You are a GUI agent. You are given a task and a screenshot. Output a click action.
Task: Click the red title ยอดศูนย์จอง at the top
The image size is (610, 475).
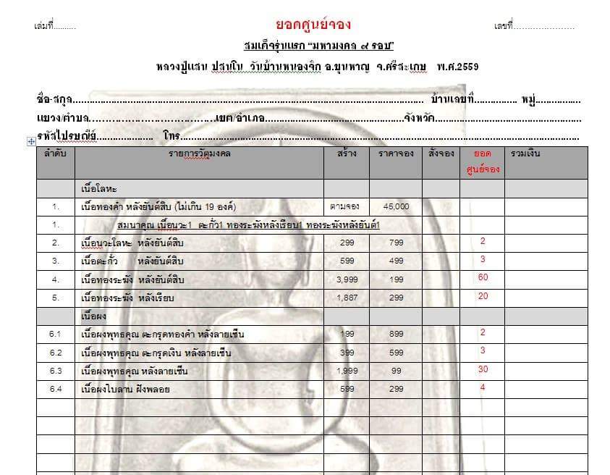313,25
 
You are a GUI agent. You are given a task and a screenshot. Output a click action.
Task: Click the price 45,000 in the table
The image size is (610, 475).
396,206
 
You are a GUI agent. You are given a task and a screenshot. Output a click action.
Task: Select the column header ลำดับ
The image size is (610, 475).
56,154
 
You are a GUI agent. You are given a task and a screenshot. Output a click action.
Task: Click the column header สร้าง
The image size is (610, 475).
346,154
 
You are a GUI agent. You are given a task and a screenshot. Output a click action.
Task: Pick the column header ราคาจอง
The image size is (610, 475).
396,154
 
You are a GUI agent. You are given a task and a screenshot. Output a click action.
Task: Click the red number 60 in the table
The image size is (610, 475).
483,277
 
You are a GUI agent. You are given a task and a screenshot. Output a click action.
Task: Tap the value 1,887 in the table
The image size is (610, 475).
346,298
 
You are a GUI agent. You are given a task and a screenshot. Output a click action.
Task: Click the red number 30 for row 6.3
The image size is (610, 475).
483,369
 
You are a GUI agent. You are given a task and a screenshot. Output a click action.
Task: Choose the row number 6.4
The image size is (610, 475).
56,389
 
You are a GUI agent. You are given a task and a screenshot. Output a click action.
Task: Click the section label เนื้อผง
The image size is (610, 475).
96,316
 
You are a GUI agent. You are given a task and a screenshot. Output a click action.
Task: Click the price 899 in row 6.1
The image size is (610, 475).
396,335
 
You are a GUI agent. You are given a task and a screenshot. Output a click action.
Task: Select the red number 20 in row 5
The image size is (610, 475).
483,296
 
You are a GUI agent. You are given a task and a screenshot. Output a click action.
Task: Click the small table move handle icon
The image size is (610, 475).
31,142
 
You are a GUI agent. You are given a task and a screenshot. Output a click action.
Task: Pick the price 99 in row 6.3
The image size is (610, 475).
396,371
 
